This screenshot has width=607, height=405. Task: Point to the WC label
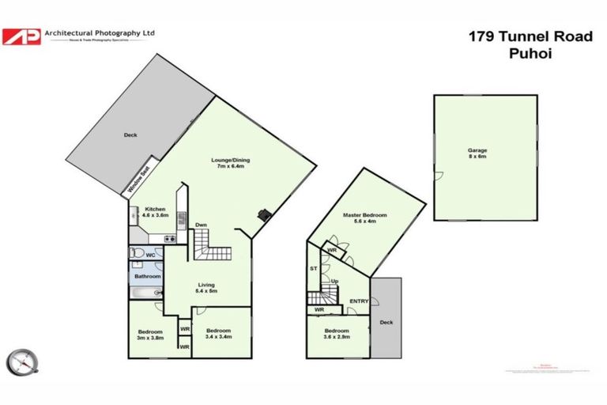[x=151, y=255]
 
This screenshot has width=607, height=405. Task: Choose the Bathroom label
[x=147, y=276]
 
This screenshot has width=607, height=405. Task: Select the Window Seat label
[x=141, y=181]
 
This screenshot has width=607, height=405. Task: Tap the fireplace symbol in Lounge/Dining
[x=266, y=214]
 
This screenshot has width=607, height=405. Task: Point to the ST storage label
[x=313, y=270]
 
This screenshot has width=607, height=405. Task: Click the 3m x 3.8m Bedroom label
[x=149, y=335]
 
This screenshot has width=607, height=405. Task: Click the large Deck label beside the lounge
[x=130, y=135]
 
